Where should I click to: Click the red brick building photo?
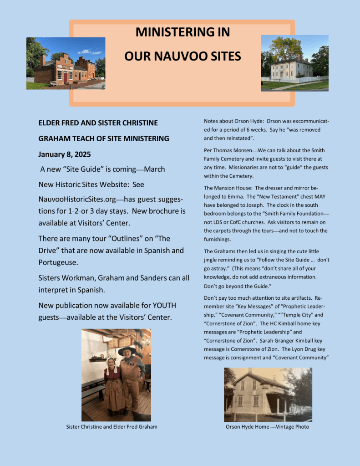(x=66, y=63)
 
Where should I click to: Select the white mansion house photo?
(x=294, y=63)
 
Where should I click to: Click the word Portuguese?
(x=61, y=263)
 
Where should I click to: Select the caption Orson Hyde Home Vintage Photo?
(x=267, y=427)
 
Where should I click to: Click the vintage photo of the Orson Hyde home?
(x=268, y=394)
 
